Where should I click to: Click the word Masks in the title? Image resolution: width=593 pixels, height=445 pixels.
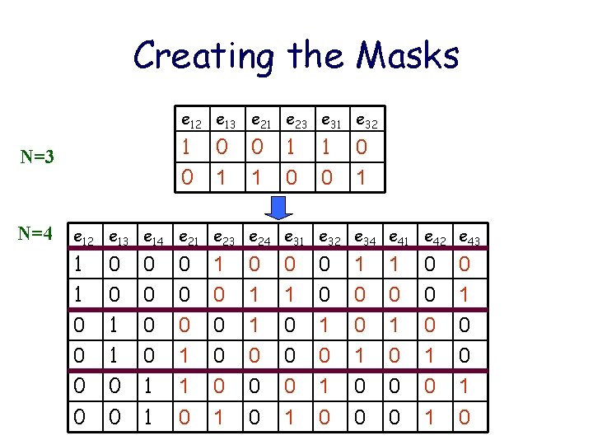click(x=409, y=56)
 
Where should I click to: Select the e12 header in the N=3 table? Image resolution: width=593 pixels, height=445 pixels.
click(x=190, y=123)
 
